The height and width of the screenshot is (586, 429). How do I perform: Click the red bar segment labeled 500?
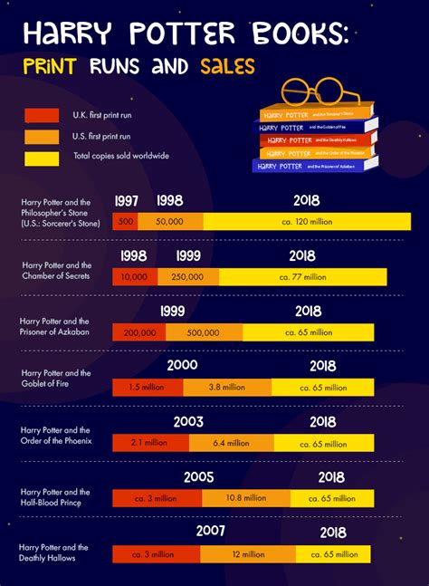pyautogui.click(x=125, y=221)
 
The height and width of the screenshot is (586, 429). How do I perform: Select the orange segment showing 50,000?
pyautogui.click(x=169, y=221)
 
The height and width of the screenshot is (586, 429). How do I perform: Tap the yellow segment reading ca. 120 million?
pyautogui.click(x=307, y=221)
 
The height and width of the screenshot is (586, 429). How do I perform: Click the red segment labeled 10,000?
pyautogui.click(x=135, y=277)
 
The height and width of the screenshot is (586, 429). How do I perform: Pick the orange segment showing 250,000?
pyautogui.click(x=187, y=277)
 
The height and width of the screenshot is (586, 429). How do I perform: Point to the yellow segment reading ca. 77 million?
pyautogui.click(x=302, y=277)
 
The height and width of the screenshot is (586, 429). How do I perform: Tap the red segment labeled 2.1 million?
pyautogui.click(x=148, y=443)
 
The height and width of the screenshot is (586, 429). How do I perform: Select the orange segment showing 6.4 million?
pyautogui.click(x=232, y=443)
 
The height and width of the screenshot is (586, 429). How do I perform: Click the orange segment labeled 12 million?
pyautogui.click(x=245, y=553)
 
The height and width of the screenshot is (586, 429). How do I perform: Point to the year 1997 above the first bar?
pyautogui.click(x=127, y=200)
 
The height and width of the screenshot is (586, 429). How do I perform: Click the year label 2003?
pyautogui.click(x=188, y=422)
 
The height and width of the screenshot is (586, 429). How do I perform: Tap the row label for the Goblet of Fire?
pyautogui.click(x=56, y=378)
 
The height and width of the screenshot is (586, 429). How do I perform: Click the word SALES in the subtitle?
pyautogui.click(x=223, y=66)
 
